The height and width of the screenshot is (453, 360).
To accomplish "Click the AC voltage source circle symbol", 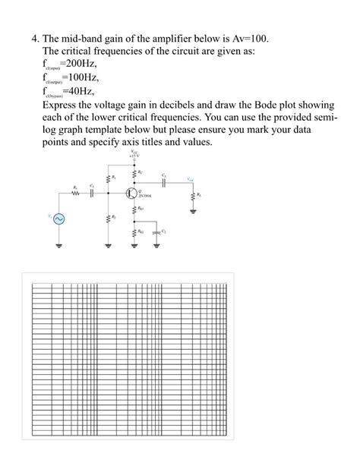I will pos(58,219).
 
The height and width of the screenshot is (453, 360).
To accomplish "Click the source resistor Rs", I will pos(74,191).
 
